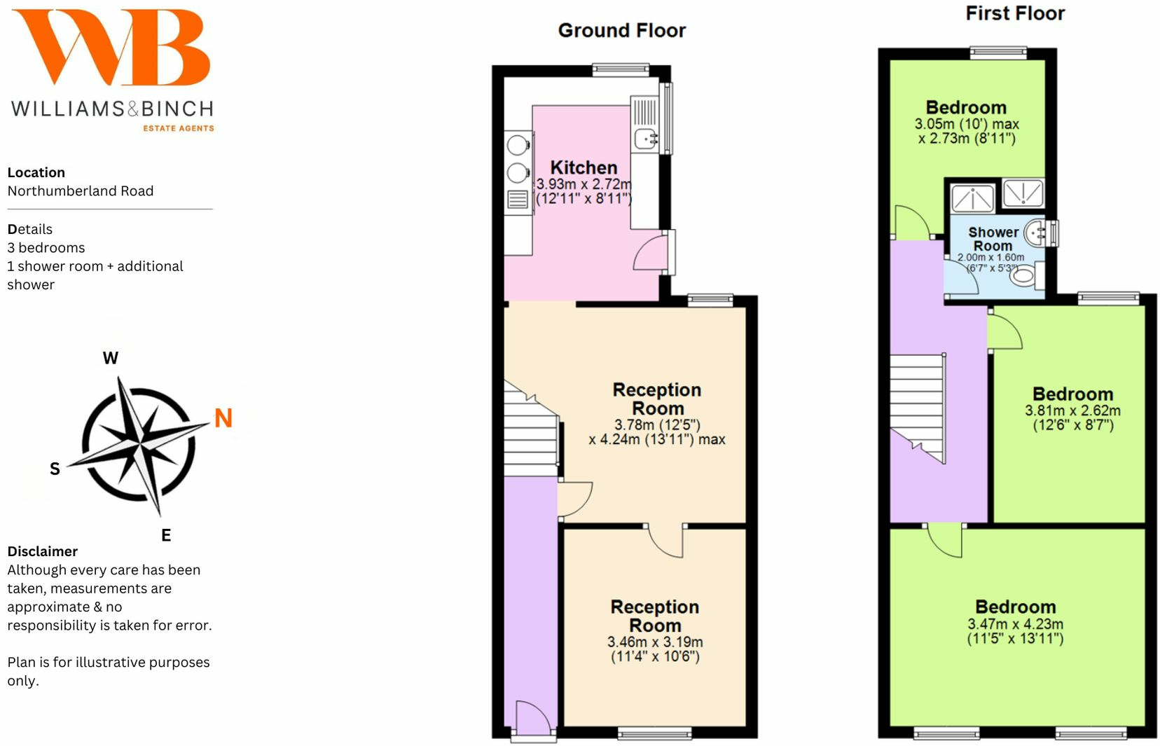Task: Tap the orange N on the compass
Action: [223, 418]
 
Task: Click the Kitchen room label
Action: [584, 167]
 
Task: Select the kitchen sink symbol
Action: [645, 139]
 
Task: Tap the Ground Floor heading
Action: [621, 31]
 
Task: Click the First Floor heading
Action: [1014, 13]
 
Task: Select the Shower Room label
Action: [993, 239]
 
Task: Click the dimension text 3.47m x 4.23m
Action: [1015, 624]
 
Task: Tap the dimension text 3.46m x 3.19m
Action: [654, 642]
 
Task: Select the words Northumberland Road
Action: [81, 191]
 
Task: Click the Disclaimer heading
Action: [42, 551]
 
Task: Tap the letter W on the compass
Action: [111, 358]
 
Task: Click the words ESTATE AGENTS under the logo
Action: [179, 128]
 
